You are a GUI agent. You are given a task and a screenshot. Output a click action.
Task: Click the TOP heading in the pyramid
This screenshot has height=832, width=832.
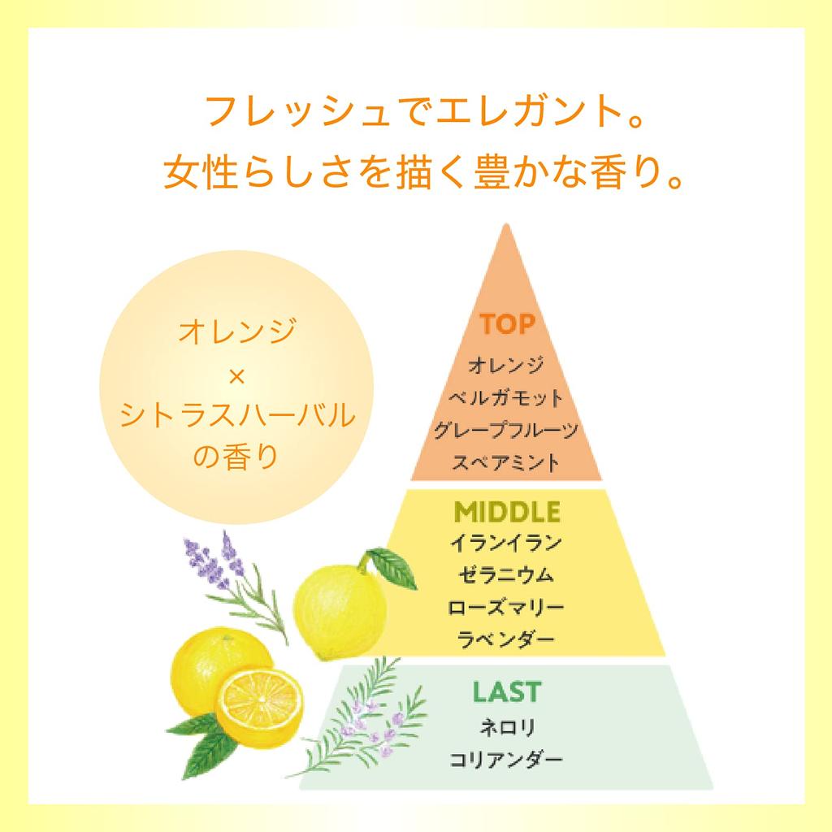pyautogui.click(x=507, y=323)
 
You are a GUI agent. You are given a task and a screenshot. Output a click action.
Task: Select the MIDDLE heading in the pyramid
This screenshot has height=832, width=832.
pyautogui.click(x=507, y=512)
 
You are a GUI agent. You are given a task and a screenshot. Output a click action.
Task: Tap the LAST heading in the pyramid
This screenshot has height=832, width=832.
pyautogui.click(x=507, y=692)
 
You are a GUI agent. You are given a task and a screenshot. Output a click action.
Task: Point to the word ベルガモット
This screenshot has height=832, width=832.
pyautogui.click(x=505, y=397)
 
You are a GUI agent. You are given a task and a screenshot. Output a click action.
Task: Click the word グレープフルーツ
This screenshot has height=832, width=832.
pyautogui.click(x=505, y=430)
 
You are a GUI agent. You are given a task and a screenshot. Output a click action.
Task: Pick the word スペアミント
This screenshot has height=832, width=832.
pyautogui.click(x=505, y=462)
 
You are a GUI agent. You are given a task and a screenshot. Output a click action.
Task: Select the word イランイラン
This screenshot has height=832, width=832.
pyautogui.click(x=505, y=543)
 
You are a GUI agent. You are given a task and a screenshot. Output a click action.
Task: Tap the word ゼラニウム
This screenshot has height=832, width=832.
pyautogui.click(x=505, y=574)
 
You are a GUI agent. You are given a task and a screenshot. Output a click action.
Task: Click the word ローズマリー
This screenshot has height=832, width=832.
pyautogui.click(x=505, y=607)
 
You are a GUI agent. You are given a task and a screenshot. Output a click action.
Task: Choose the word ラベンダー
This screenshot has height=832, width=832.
pyautogui.click(x=505, y=639)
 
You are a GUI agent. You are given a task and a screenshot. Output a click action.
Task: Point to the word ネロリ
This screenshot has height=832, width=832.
pyautogui.click(x=507, y=727)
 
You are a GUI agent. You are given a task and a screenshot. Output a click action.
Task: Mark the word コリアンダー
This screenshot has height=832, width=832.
pyautogui.click(x=505, y=760)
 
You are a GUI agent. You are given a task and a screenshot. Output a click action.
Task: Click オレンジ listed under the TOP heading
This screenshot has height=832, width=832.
pyautogui.click(x=505, y=365)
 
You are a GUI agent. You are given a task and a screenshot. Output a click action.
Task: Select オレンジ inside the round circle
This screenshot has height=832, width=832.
pyautogui.click(x=236, y=331)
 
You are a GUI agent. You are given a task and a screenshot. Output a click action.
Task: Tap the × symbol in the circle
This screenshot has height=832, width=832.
pyautogui.click(x=236, y=377)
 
